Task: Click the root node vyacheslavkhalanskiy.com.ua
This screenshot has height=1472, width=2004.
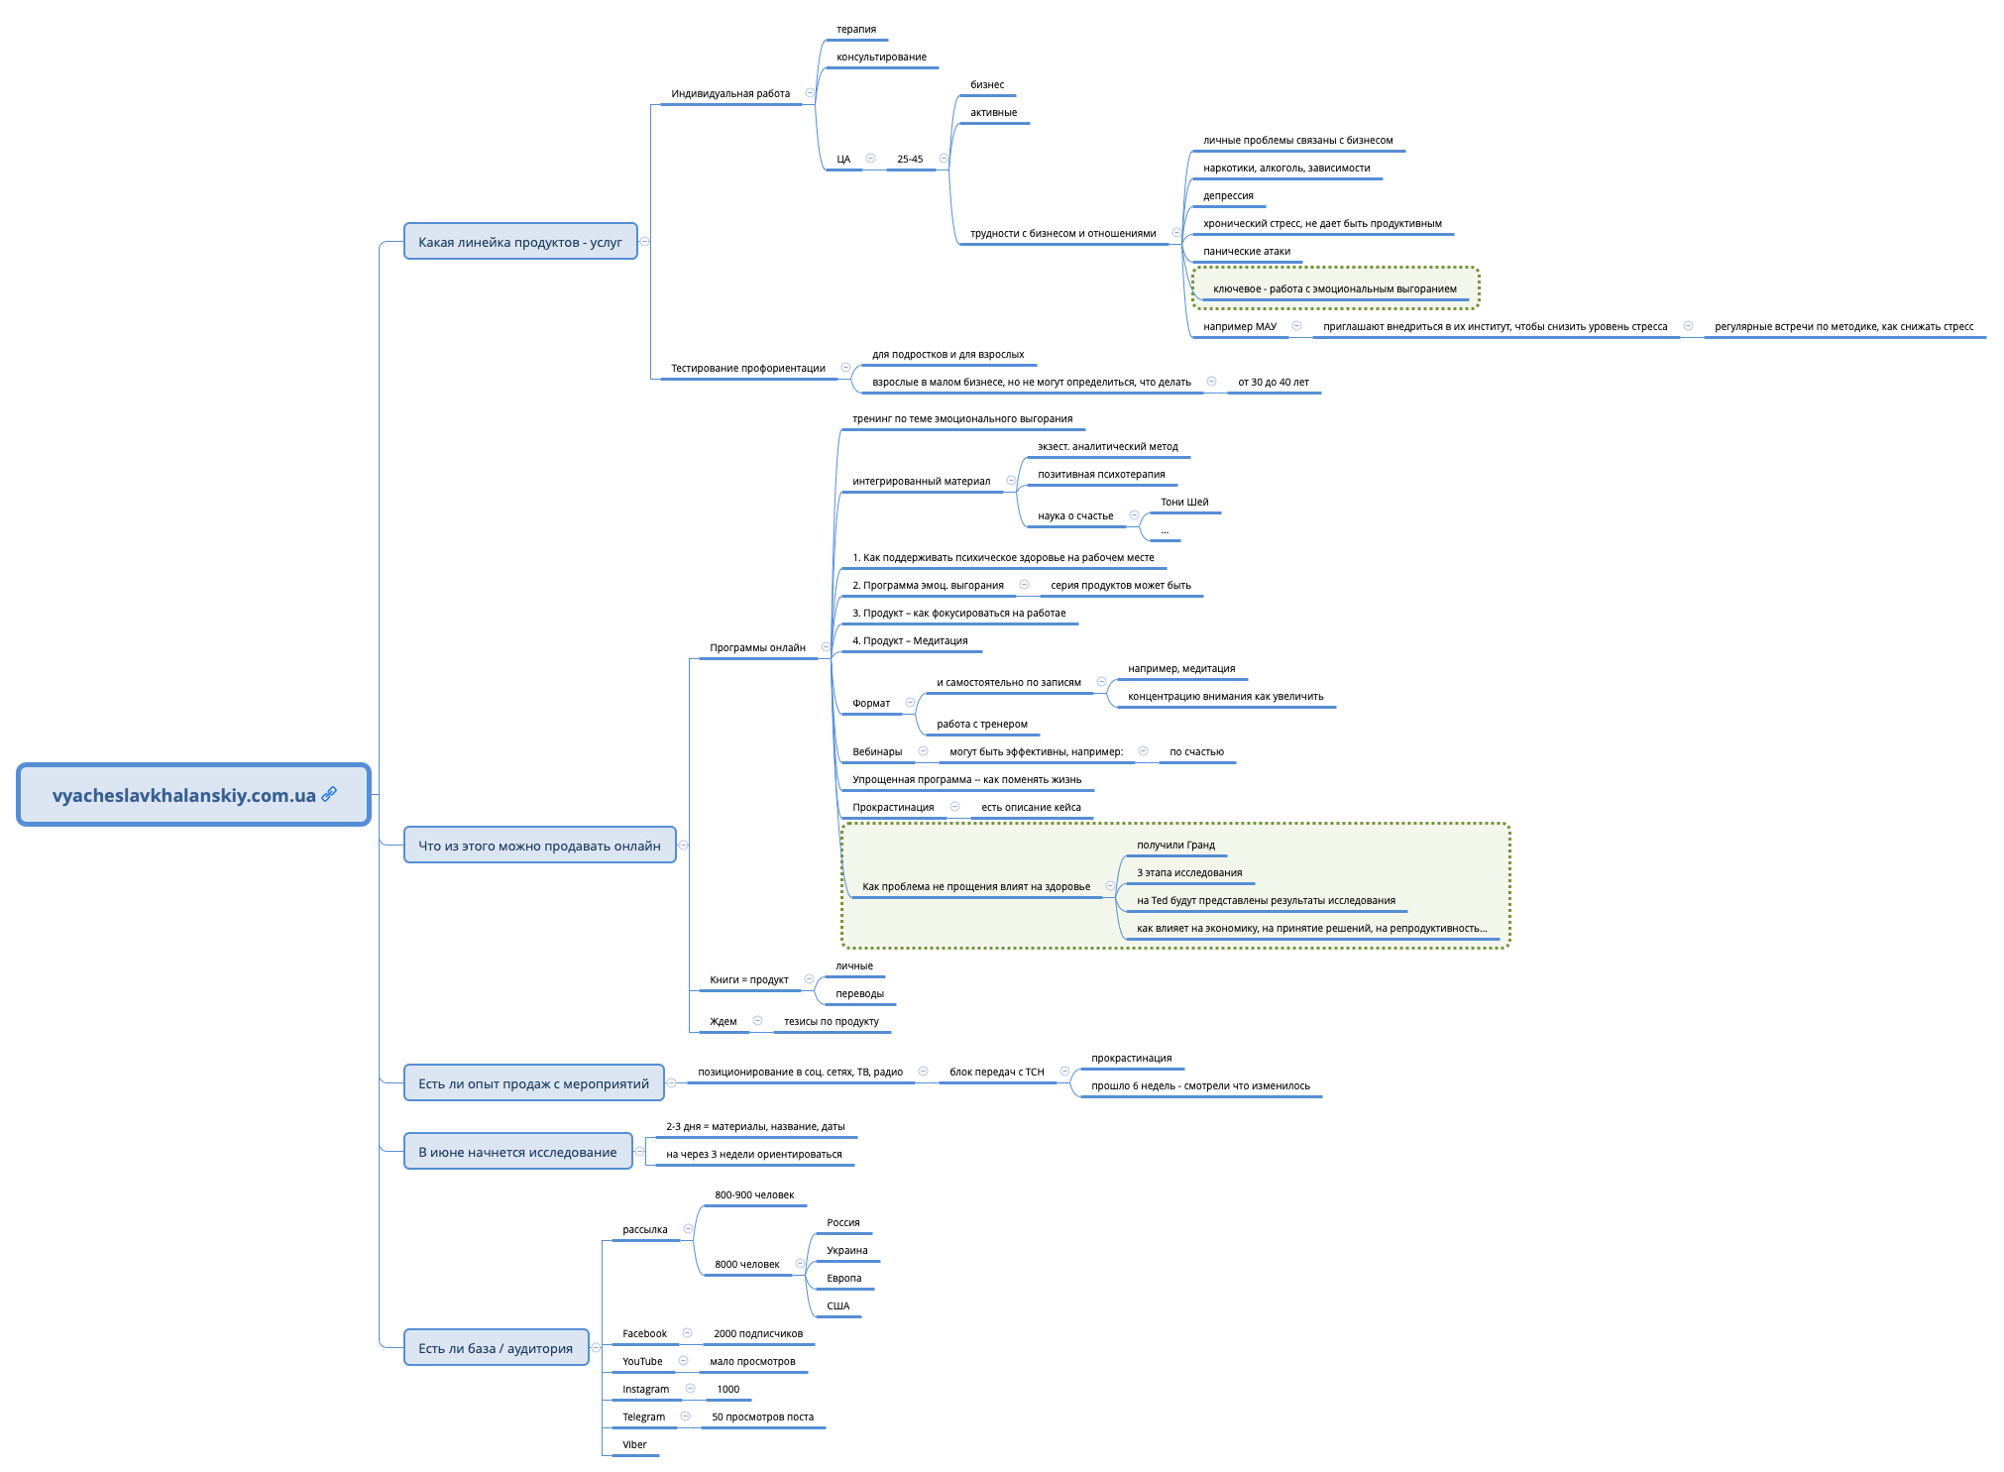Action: tap(183, 795)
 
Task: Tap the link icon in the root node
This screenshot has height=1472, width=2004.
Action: tap(329, 794)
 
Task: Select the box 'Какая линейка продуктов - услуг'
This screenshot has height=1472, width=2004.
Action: tap(519, 242)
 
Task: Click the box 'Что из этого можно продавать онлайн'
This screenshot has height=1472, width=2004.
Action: tap(538, 846)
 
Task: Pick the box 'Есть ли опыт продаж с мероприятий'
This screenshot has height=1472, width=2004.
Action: tap(533, 1083)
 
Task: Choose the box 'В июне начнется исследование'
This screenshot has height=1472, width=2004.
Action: tap(516, 1152)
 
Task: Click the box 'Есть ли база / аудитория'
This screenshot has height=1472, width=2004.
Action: tap(495, 1348)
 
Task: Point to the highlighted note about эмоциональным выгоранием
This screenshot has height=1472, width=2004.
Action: tap(1334, 288)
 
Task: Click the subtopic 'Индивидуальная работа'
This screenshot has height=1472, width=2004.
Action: tap(729, 94)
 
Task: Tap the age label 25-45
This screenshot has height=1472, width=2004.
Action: tap(909, 160)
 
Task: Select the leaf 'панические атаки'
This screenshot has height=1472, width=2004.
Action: tap(1246, 252)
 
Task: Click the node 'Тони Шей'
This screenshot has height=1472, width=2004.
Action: tap(1183, 503)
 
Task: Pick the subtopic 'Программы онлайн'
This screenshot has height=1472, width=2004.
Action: tap(757, 648)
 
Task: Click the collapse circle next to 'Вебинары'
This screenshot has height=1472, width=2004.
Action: tap(923, 751)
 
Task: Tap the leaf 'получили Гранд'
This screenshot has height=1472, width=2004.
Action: tap(1174, 846)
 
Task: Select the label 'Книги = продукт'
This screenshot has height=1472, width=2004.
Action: tap(748, 980)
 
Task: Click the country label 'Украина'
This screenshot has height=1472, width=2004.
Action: tap(846, 1251)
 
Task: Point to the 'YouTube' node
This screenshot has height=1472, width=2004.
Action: tap(642, 1362)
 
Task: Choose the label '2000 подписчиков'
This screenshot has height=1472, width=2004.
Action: tap(757, 1334)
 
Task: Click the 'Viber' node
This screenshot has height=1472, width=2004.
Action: tap(634, 1445)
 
